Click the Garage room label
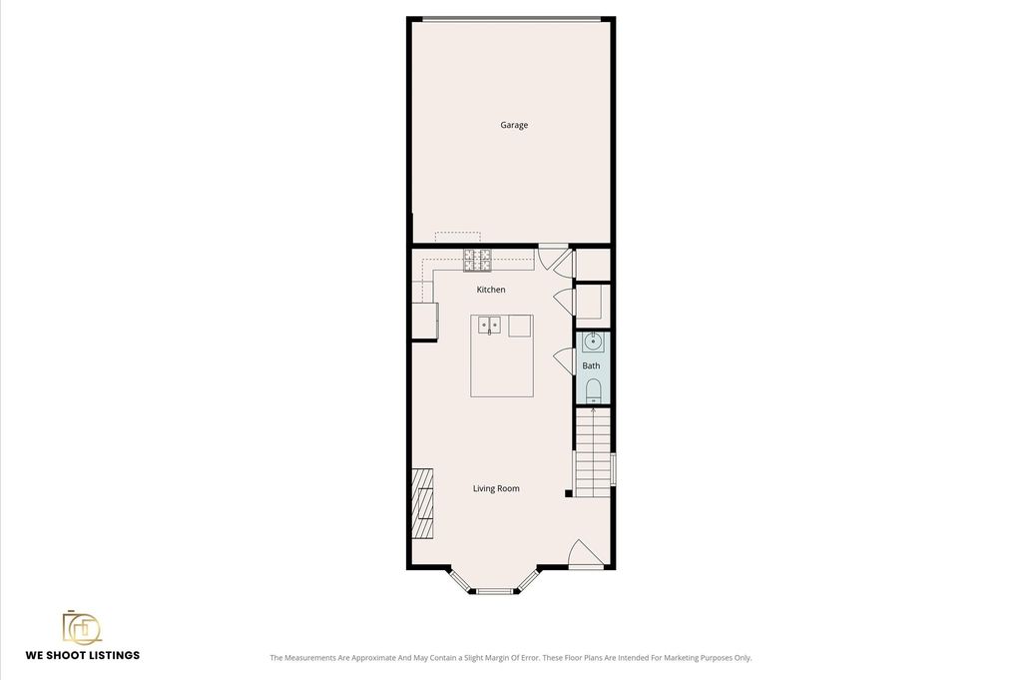[514, 125]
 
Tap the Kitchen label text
[491, 290]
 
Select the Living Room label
[496, 488]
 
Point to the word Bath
[591, 365]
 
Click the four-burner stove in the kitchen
[477, 261]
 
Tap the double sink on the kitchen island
[489, 325]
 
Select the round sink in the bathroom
[593, 341]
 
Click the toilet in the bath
[593, 390]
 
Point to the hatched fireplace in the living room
[423, 503]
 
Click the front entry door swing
[585, 554]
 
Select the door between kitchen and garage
[554, 258]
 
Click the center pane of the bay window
[495, 591]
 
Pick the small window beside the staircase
[614, 468]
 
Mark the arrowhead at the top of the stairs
[593, 410]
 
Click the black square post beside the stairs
[568, 493]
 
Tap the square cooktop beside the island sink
[520, 326]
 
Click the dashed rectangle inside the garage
[457, 237]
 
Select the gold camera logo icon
[82, 628]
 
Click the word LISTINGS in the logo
[109, 655]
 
